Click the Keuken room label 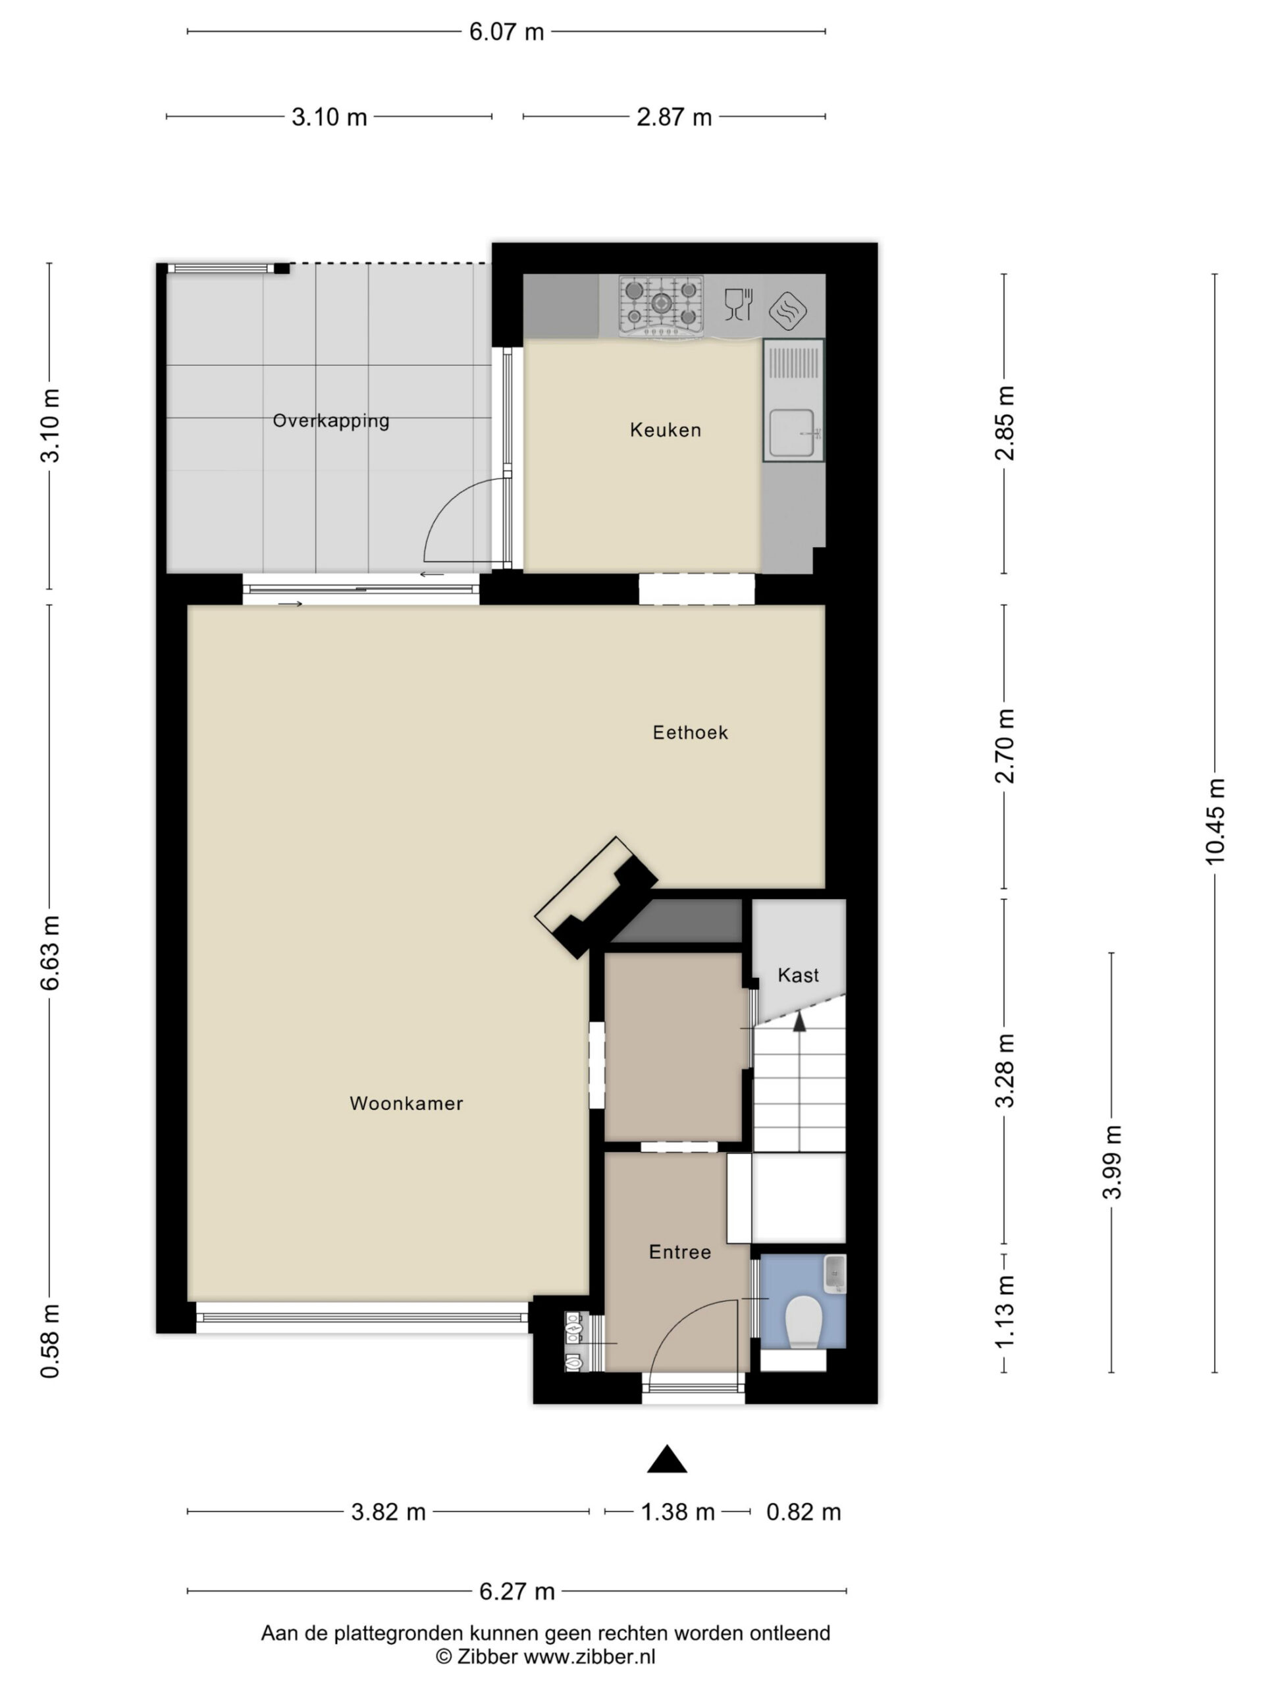[x=665, y=430]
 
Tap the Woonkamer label [x=406, y=1103]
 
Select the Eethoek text [x=691, y=732]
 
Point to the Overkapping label [x=330, y=421]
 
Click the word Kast [x=799, y=975]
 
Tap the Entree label [x=679, y=1251]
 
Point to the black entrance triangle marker [x=668, y=1459]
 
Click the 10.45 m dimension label [x=1215, y=821]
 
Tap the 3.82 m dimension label [x=388, y=1512]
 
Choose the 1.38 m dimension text [x=677, y=1512]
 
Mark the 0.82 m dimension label [x=803, y=1512]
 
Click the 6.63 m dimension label [x=50, y=953]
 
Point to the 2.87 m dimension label [x=674, y=117]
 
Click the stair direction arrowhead [x=799, y=1022]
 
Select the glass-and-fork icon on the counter [x=738, y=304]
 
